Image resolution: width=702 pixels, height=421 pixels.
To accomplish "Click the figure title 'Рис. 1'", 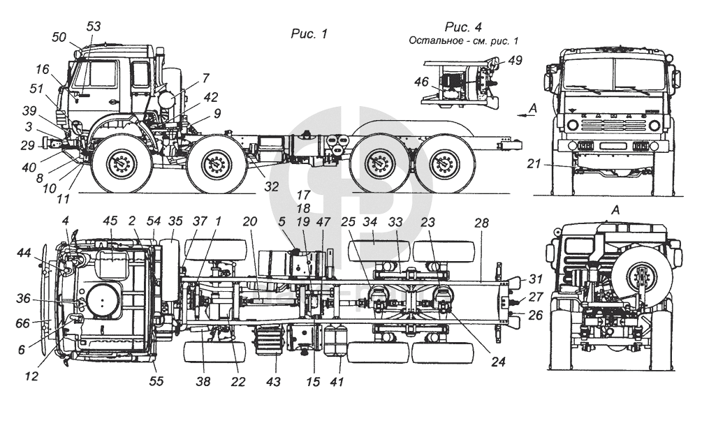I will click(309, 33).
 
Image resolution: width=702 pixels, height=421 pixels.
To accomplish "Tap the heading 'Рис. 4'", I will click(464, 27).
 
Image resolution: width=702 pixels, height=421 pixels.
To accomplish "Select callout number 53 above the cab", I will click(94, 27).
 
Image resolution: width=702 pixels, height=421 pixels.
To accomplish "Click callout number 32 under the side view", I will click(270, 186).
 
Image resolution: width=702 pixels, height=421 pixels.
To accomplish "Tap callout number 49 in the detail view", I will click(515, 60).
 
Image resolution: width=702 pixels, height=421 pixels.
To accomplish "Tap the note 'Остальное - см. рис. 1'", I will click(468, 41).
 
